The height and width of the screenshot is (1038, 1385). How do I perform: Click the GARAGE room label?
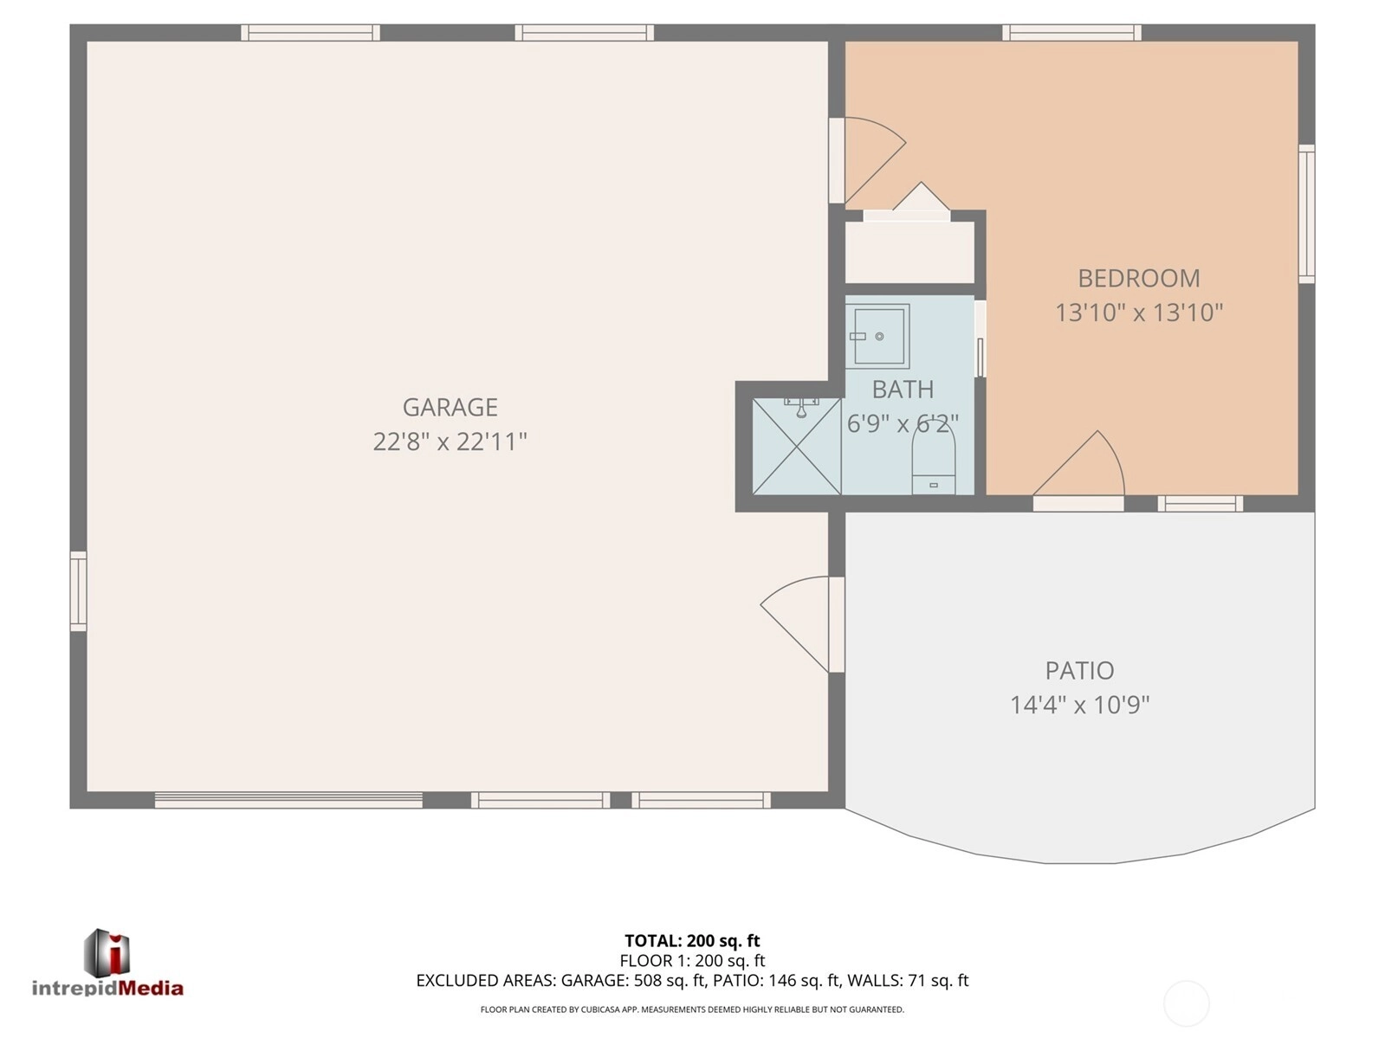coord(450,408)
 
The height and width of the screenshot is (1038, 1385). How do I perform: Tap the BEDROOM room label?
coord(1138,279)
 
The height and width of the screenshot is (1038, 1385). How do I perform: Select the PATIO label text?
coord(1079,671)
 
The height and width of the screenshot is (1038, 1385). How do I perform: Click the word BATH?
coord(903,390)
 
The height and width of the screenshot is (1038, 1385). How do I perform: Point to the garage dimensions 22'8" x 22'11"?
coord(450,442)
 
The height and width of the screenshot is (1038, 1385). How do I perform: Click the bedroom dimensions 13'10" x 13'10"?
coord(1139,313)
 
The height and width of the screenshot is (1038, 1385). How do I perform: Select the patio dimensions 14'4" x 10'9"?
coord(1079,705)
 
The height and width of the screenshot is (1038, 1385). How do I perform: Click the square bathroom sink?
coord(877,336)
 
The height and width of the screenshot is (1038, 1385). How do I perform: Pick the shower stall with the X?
coord(797,447)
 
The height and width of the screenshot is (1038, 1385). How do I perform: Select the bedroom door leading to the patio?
coord(1078,464)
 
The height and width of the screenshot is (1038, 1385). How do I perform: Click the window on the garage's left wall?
coord(78,591)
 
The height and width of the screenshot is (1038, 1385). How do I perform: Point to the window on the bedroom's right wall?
coord(1306,214)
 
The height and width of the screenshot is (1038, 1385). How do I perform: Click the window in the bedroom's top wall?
coord(1071,32)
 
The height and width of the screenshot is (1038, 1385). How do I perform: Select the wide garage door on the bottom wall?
coord(289,800)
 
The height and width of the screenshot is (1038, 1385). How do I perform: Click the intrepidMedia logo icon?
coord(107,952)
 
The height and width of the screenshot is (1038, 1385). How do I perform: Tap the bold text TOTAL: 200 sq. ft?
coord(692,941)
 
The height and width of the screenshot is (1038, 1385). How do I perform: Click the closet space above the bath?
coord(909,252)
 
